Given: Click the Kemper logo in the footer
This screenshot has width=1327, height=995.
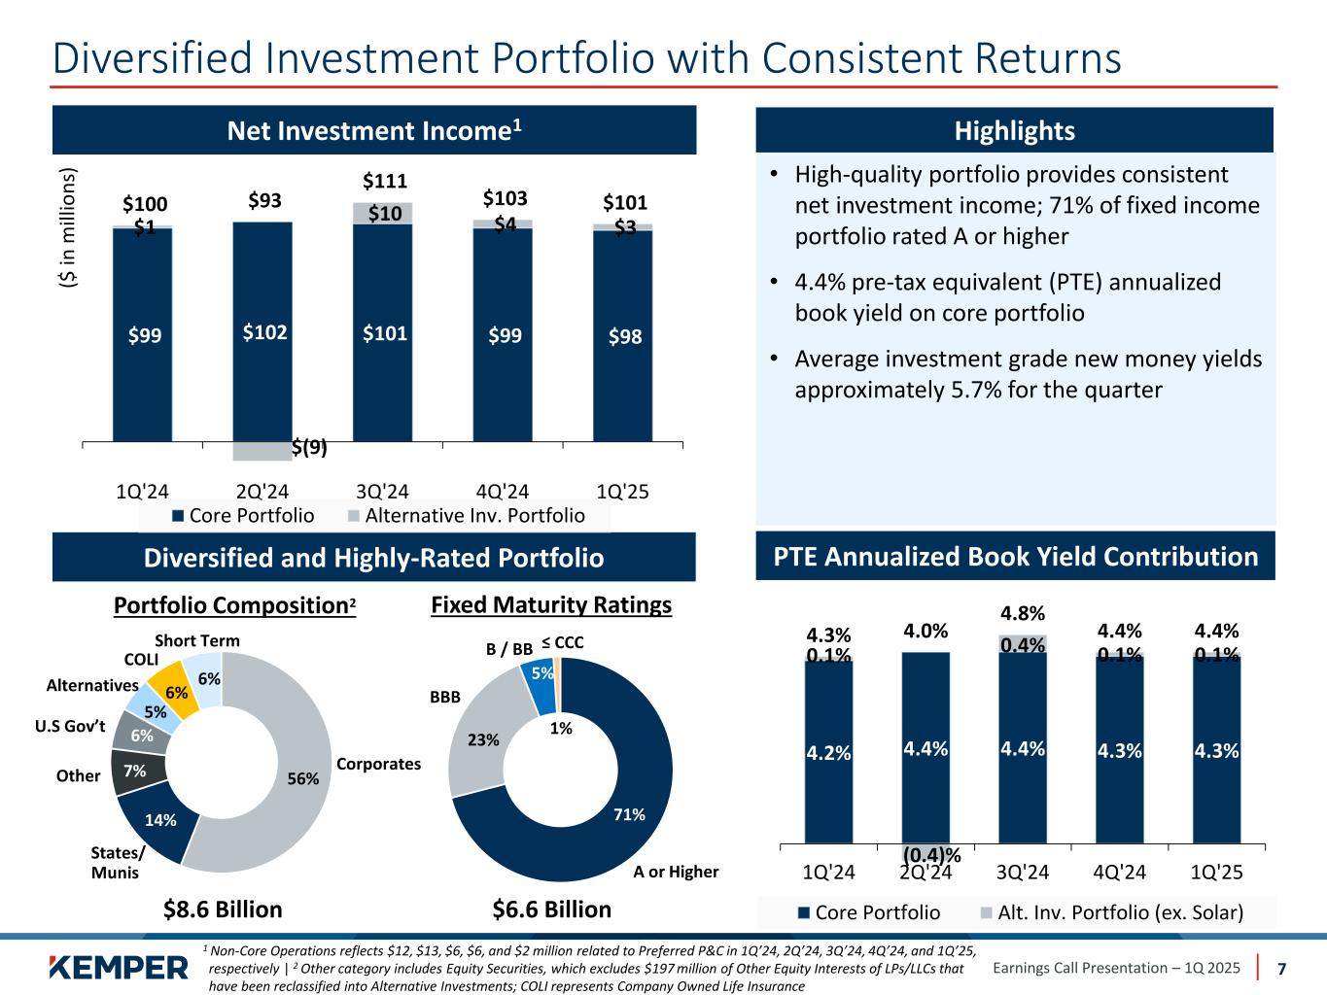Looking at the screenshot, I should point(118,968).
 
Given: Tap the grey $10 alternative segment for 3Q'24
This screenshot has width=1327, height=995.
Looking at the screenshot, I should point(383,213).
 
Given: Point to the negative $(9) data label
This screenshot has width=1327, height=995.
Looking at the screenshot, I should point(309,448).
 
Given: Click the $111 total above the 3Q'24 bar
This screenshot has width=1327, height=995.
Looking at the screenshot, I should point(384,181).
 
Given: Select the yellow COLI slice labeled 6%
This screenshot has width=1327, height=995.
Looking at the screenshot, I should point(175,685).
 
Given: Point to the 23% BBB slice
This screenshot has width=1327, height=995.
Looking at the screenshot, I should point(483,738).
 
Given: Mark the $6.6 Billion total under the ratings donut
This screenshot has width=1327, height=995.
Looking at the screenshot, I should point(552,909).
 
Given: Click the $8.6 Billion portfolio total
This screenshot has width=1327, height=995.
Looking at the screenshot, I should point(223,909).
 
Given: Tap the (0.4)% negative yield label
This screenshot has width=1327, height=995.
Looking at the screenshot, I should point(931,854).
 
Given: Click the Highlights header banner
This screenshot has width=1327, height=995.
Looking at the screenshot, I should point(1014,130).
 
